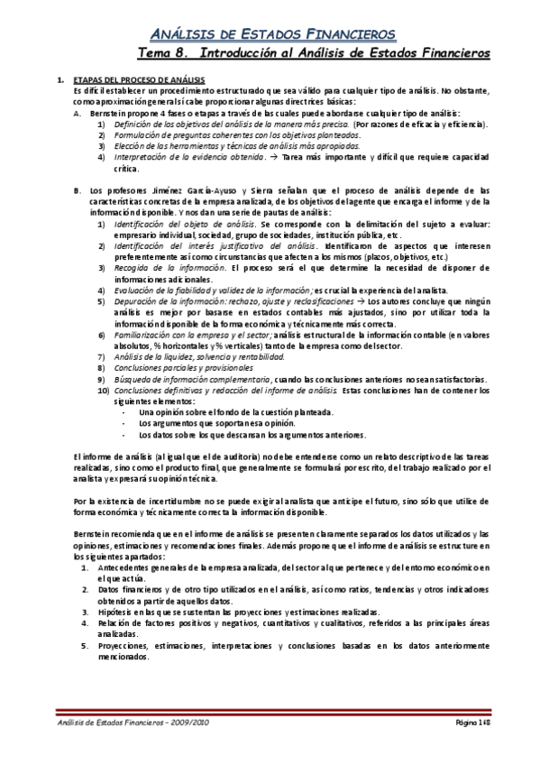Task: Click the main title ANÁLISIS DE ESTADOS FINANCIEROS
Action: coord(270,33)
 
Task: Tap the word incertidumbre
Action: coord(147,500)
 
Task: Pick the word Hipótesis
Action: coord(114,612)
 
